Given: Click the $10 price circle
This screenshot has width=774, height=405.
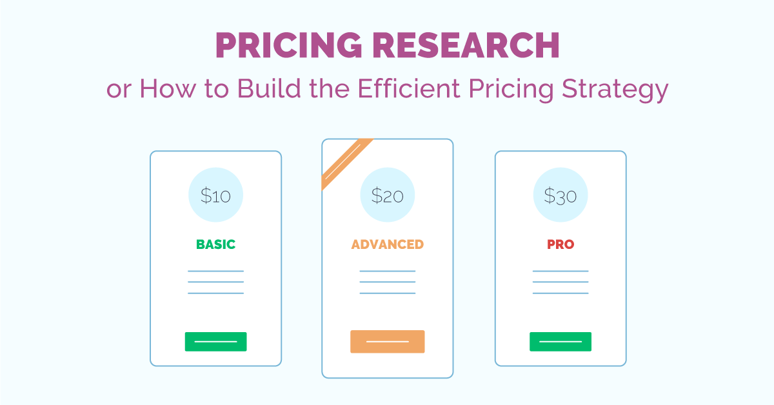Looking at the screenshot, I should [215, 195].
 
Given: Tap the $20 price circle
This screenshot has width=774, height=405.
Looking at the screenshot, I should [387, 195].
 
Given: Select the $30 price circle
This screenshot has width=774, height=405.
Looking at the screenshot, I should [560, 195].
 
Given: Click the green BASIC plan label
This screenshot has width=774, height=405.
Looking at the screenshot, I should [215, 244].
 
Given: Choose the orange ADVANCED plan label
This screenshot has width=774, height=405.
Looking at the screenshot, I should [387, 244].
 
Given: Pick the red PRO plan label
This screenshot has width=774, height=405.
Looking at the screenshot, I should [560, 244].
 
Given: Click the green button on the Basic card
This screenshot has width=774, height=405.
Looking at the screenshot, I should [215, 341].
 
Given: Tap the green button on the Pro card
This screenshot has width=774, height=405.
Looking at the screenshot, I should [560, 341].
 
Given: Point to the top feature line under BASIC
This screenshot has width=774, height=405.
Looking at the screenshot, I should [215, 271].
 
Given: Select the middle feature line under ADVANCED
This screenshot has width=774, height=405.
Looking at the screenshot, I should [387, 282].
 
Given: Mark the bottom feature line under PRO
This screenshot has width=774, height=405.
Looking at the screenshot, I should [560, 293].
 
